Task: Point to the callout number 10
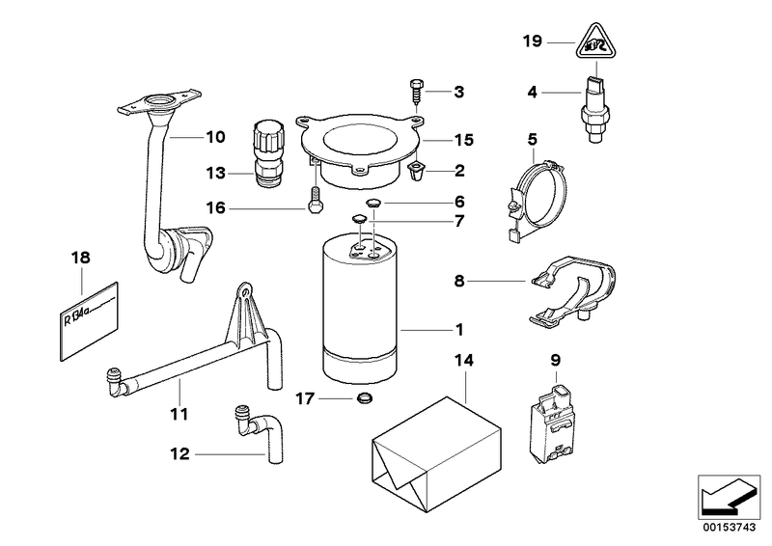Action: click(x=214, y=136)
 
